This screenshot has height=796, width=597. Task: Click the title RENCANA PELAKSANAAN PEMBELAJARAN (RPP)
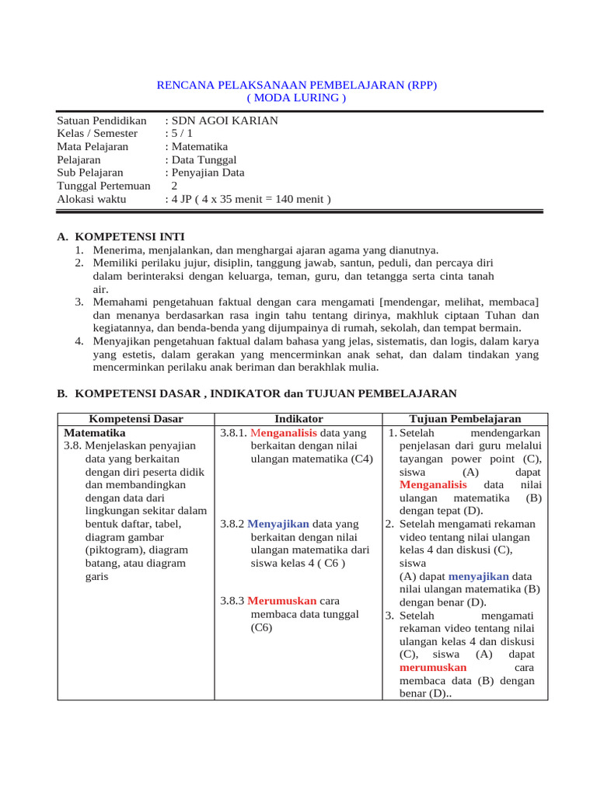pyautogui.click(x=297, y=85)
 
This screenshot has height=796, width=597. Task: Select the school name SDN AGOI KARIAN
pyautogui.click(x=224, y=121)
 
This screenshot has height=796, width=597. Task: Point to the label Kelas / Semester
pyautogui.click(x=97, y=134)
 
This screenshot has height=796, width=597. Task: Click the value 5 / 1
pyautogui.click(x=181, y=134)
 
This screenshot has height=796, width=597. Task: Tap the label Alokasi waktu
pyautogui.click(x=96, y=199)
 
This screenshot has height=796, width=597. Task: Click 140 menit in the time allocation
pyautogui.click(x=298, y=199)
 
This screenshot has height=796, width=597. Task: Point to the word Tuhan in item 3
pyautogui.click(x=504, y=316)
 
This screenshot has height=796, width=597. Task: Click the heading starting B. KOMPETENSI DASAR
pyautogui.click(x=257, y=394)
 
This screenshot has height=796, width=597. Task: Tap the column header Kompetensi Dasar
pyautogui.click(x=136, y=419)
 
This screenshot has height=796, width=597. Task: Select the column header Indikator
pyautogui.click(x=298, y=419)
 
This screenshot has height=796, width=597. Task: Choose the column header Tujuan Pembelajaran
pyautogui.click(x=465, y=419)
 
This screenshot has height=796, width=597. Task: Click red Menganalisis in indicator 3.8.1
pyautogui.click(x=285, y=432)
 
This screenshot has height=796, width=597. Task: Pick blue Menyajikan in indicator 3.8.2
pyautogui.click(x=278, y=524)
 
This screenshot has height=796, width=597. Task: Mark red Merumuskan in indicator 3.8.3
pyautogui.click(x=282, y=601)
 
